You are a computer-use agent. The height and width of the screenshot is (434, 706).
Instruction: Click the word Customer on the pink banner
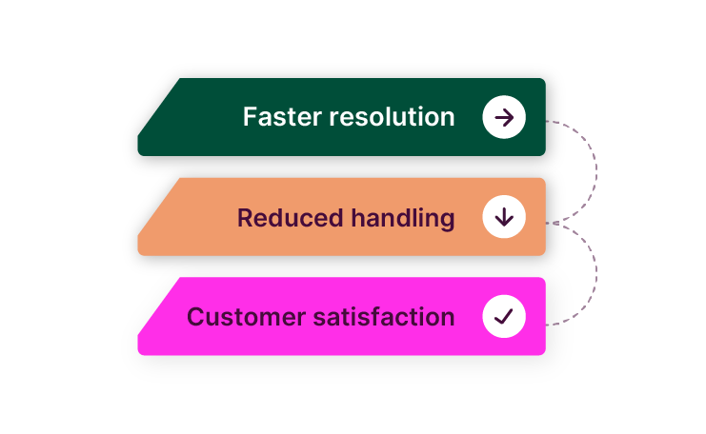tap(246, 317)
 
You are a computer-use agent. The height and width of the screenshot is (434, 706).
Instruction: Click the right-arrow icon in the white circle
tap(504, 118)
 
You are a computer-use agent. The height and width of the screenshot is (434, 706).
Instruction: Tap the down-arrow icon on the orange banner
tap(504, 218)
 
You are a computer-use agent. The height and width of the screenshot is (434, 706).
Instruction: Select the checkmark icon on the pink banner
tap(504, 317)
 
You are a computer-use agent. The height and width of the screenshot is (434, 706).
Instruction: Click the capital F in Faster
tap(250, 117)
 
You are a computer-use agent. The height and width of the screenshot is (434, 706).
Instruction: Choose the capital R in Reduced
tap(245, 218)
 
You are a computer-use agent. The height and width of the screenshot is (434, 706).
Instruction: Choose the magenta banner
tap(343, 341)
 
